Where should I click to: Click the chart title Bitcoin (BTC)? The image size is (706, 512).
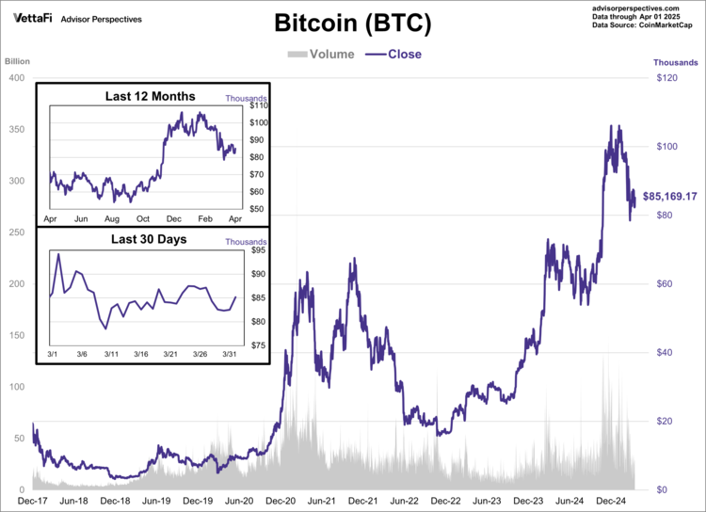(353, 23)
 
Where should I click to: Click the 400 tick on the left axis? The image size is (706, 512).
(15, 78)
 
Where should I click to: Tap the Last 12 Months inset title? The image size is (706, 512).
(151, 96)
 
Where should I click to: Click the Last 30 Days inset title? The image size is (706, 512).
(149, 239)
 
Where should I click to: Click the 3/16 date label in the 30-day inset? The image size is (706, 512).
(140, 354)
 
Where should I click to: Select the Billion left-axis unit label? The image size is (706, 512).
(18, 62)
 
